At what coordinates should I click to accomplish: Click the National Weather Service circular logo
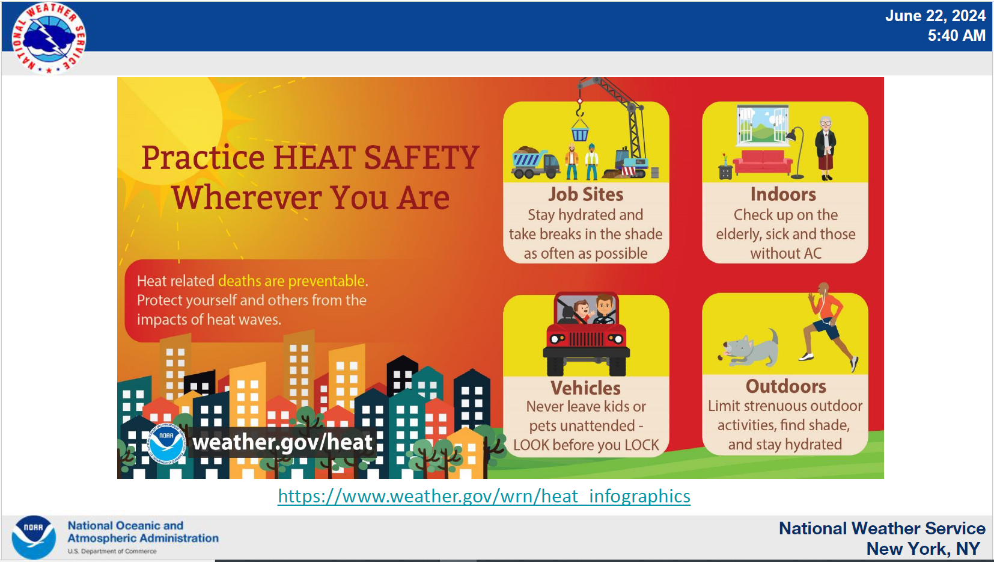(48, 38)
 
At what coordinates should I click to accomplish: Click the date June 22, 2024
(935, 16)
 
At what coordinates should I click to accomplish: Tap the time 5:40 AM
(956, 36)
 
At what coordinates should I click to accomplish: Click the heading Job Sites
(586, 194)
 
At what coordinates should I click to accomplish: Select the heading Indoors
(783, 194)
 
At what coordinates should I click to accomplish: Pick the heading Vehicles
(586, 388)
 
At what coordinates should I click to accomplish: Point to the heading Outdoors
(786, 386)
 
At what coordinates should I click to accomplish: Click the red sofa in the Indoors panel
(763, 162)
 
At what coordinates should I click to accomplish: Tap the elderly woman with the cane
(825, 148)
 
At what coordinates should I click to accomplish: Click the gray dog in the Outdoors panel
(749, 348)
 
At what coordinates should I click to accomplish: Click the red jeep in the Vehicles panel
(586, 334)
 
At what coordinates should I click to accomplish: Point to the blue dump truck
(535, 162)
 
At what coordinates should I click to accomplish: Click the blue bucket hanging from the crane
(580, 134)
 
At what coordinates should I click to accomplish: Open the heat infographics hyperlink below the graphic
(484, 496)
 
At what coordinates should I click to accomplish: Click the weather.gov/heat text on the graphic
(282, 442)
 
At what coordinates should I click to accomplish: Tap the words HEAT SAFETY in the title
(376, 157)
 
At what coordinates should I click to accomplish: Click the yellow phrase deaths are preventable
(291, 281)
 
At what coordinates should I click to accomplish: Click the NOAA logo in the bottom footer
(34, 537)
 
